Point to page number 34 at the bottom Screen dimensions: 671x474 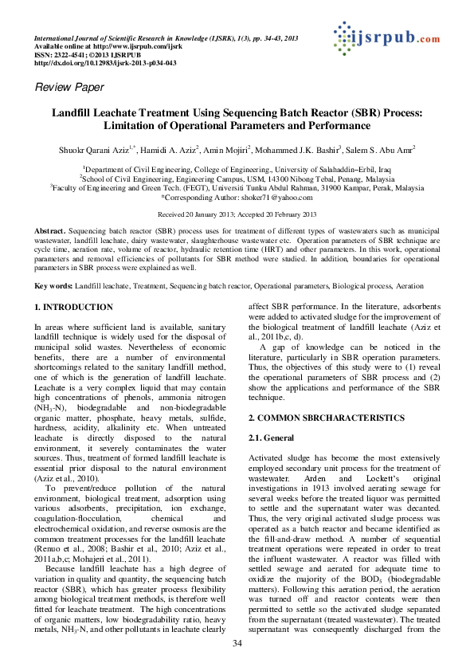click(x=237, y=643)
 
